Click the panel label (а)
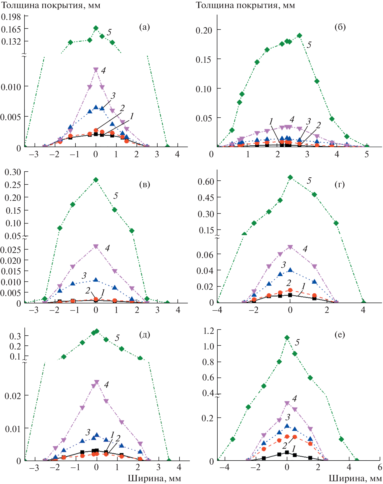tap(144, 27)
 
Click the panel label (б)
tap(340, 27)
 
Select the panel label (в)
tap(144, 184)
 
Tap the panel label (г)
tap(340, 184)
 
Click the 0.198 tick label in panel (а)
tap(11, 17)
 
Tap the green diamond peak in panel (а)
tap(96, 28)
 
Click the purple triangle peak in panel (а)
tap(96, 70)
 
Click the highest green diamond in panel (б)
tap(299, 35)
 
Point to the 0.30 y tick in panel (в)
tap(13, 172)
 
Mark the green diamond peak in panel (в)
tap(96, 180)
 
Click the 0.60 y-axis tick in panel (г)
tap(205, 181)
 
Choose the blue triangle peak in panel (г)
tap(290, 270)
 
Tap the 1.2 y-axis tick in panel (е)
tap(209, 331)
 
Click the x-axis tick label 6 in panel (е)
tap(380, 467)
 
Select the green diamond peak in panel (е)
tap(287, 338)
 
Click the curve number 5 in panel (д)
tap(117, 338)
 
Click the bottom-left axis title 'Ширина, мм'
tap(154, 478)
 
